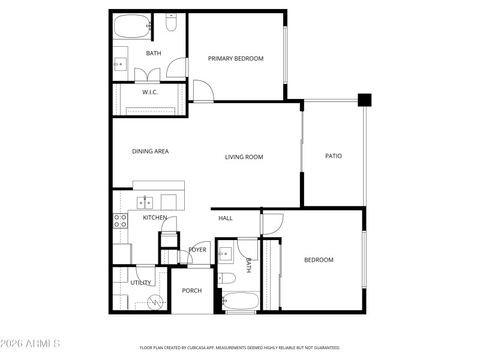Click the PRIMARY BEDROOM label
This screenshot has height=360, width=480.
pyautogui.click(x=235, y=58)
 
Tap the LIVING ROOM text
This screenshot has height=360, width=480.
pyautogui.click(x=244, y=157)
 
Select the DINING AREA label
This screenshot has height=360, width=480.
pyautogui.click(x=150, y=151)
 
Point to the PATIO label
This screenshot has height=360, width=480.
pyautogui.click(x=334, y=156)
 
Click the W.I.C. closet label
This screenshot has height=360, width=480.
pyautogui.click(x=150, y=92)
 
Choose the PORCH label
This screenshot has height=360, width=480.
pyautogui.click(x=192, y=290)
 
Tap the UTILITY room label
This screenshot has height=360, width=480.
pyautogui.click(x=140, y=283)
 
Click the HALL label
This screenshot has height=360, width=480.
pyautogui.click(x=226, y=218)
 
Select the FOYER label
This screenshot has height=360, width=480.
pyautogui.click(x=197, y=250)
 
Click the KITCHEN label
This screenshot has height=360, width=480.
pyautogui.click(x=155, y=217)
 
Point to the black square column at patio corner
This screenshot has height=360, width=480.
pyautogui.click(x=364, y=100)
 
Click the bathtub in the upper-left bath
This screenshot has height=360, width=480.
pyautogui.click(x=131, y=26)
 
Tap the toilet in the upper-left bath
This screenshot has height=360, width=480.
pyautogui.click(x=171, y=23)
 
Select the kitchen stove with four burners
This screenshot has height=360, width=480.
pyautogui.click(x=121, y=221)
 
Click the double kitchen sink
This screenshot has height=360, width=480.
pyautogui.click(x=145, y=202)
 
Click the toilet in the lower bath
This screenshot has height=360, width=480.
pyautogui.click(x=227, y=277)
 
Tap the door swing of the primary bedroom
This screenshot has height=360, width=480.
pyautogui.click(x=202, y=92)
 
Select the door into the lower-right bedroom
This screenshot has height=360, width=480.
pyautogui.click(x=272, y=223)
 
